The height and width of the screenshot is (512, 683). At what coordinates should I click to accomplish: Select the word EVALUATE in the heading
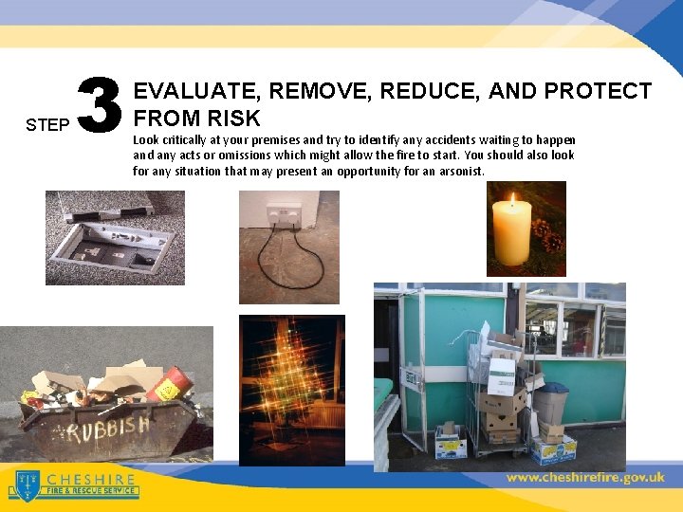[196, 91]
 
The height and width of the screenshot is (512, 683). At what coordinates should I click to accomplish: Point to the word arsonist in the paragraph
[458, 172]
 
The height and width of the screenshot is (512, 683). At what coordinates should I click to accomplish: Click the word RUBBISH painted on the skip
[105, 432]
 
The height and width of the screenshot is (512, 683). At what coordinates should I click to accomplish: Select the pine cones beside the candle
[547, 235]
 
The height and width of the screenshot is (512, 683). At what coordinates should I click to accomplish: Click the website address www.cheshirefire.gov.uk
[585, 478]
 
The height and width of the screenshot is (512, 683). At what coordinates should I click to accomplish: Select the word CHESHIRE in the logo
[90, 479]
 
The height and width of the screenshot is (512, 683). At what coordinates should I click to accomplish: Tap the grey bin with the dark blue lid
[549, 402]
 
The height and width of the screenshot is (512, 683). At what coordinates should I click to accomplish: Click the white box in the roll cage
[500, 375]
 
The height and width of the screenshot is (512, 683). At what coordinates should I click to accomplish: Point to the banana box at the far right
[554, 448]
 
